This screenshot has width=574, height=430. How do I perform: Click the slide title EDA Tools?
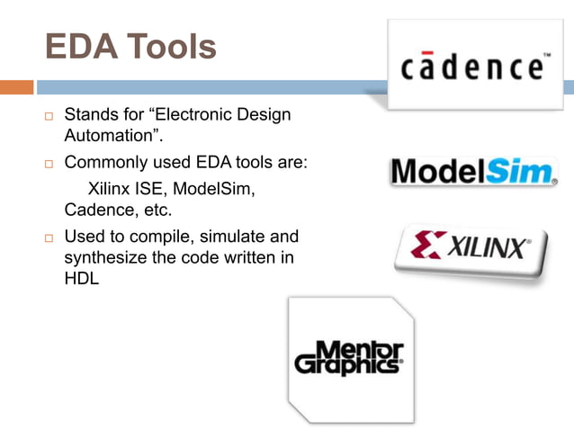click(x=130, y=47)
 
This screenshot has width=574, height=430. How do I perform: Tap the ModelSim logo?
click(x=471, y=171)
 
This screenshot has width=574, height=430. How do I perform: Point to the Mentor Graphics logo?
click(x=350, y=357)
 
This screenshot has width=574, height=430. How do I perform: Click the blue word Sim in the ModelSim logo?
click(x=519, y=171)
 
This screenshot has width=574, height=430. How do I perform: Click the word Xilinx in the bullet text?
click(x=108, y=189)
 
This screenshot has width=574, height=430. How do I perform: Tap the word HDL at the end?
click(x=81, y=281)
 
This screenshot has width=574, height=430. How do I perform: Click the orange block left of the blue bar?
click(x=16, y=87)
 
